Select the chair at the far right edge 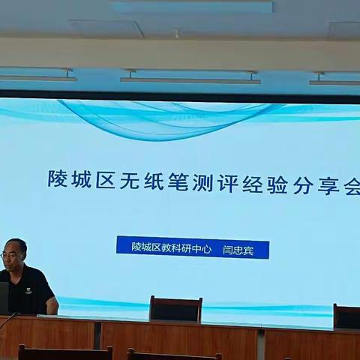(x=347, y=316)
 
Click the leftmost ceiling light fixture (x=37, y=76)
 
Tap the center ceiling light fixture (x=190, y=77)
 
